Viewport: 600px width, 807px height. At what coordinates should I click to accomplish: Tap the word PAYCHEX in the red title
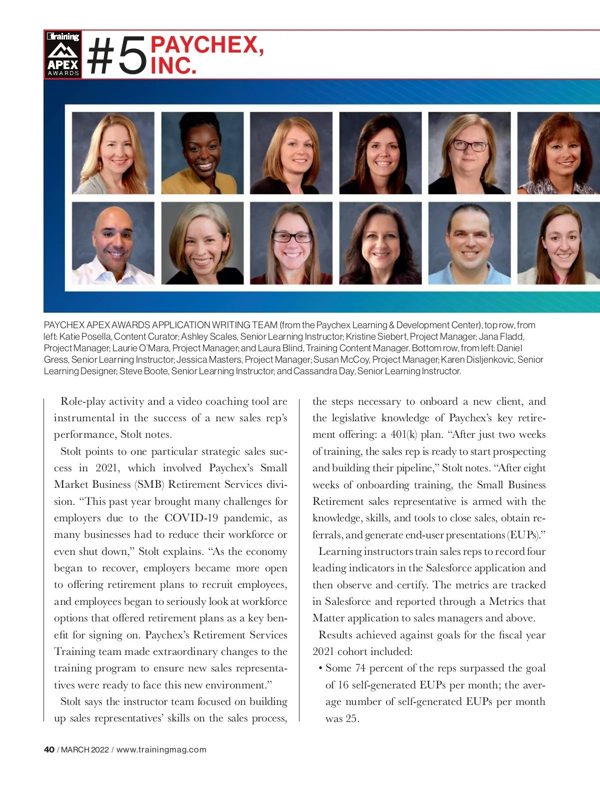(206, 45)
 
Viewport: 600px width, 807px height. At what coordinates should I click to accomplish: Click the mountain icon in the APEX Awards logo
(63, 50)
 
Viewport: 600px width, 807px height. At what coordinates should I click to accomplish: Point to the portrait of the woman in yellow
(202, 153)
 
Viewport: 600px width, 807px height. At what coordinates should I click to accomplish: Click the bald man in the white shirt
(113, 243)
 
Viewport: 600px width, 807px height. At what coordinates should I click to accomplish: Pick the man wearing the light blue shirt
(469, 243)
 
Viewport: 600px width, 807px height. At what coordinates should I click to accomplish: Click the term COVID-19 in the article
(191, 518)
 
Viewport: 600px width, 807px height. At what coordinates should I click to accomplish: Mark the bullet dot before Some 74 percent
(320, 669)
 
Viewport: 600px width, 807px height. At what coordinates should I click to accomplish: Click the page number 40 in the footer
(49, 749)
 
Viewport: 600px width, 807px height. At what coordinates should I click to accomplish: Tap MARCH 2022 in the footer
(84, 749)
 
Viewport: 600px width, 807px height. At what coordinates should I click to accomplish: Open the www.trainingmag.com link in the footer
(161, 749)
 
